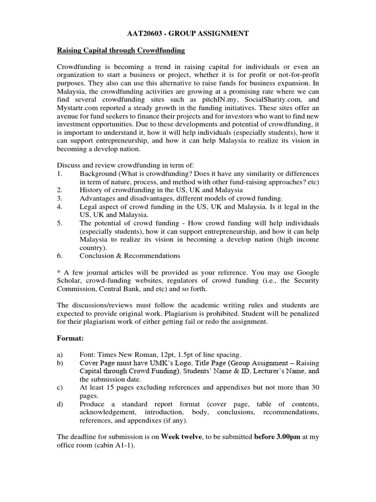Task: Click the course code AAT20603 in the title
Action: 143,33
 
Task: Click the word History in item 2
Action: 92,190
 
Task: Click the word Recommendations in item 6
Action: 152,255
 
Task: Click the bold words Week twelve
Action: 182,436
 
